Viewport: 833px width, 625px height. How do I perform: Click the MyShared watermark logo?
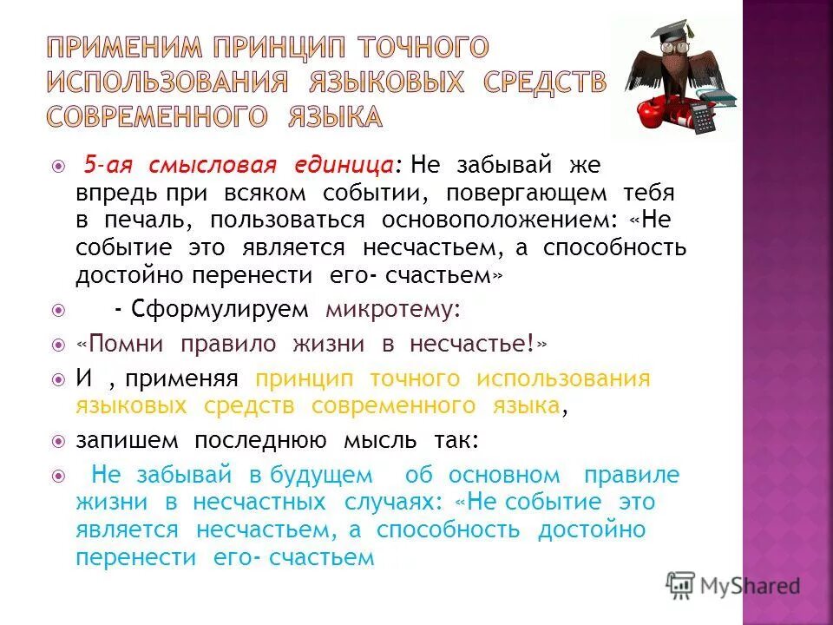point(733,584)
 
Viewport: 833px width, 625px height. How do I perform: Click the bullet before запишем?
point(58,440)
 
